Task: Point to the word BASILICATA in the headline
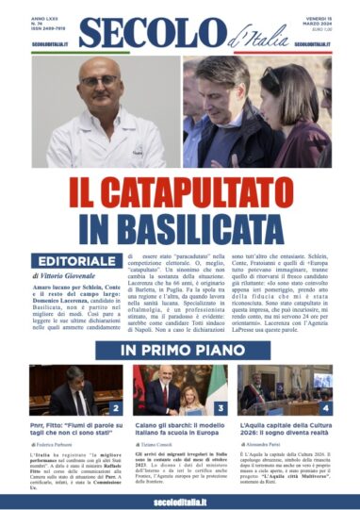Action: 179,224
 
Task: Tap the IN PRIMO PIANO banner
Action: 179,351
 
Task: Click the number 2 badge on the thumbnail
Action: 115,408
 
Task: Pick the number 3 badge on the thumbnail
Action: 220,408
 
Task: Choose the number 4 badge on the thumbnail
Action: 325,408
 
